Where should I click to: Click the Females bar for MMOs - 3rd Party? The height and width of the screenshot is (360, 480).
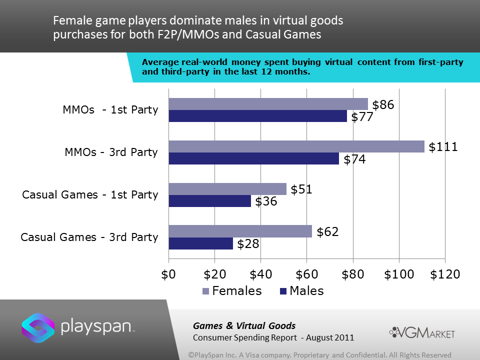[x=296, y=146]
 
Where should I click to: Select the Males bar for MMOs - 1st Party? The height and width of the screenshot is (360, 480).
[x=257, y=116]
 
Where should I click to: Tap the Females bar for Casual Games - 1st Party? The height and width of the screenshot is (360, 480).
[x=227, y=189]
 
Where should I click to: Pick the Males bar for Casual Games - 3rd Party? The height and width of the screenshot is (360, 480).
[x=200, y=243]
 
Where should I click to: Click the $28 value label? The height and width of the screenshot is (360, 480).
[x=248, y=244]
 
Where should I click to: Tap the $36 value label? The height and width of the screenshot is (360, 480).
[x=266, y=202]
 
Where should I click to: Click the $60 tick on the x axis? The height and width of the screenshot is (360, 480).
[x=306, y=274]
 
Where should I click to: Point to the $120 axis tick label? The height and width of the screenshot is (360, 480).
[x=444, y=274]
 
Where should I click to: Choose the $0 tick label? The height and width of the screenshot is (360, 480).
[x=169, y=274]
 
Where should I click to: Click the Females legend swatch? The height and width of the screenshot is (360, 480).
[x=205, y=291]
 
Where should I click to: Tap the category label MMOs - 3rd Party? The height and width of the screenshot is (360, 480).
[x=111, y=152]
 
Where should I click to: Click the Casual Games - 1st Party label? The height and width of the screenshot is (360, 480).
[x=90, y=194]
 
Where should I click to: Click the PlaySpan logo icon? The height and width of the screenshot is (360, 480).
[x=38, y=327]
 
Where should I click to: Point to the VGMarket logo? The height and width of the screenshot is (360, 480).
[x=422, y=332]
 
